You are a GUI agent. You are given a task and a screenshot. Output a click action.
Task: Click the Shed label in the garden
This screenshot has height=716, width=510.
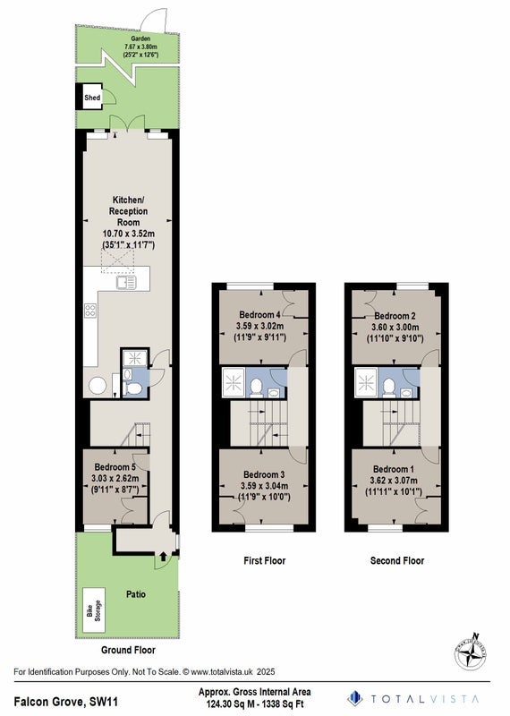[92, 98]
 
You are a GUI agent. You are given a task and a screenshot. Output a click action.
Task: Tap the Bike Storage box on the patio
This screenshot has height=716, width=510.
[94, 610]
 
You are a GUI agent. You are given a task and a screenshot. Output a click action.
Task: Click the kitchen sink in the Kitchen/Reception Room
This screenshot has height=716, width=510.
[126, 283]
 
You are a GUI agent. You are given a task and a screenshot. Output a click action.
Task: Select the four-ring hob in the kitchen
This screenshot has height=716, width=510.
[90, 311]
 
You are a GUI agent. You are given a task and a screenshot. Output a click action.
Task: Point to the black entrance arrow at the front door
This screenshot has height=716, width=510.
[164, 556]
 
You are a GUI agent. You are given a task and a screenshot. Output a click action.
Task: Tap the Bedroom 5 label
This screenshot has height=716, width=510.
[115, 467]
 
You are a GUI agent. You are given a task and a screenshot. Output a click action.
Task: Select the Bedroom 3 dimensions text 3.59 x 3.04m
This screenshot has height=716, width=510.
[264, 486]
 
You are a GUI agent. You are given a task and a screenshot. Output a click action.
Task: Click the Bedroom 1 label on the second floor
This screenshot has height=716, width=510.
[394, 469]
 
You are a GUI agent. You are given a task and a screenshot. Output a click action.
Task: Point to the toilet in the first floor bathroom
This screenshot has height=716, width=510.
[256, 388]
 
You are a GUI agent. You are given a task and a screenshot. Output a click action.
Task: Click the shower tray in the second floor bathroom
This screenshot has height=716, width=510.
[367, 383]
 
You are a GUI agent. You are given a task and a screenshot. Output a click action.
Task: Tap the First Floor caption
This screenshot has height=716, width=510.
[264, 560]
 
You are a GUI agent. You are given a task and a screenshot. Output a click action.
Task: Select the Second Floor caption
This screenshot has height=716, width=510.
[397, 560]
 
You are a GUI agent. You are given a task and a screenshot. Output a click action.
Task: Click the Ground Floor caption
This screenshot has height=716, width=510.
[128, 650]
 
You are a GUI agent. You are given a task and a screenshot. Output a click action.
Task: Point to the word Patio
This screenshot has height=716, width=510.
[136, 594]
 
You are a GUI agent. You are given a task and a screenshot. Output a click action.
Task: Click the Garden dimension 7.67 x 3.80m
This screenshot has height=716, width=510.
[140, 47]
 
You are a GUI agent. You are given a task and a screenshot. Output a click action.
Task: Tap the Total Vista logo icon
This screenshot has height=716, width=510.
[354, 698]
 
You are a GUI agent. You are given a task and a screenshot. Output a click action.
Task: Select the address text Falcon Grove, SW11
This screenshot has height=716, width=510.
[66, 701]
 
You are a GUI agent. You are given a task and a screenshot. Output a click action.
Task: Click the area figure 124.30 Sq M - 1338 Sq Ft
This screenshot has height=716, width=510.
[255, 703]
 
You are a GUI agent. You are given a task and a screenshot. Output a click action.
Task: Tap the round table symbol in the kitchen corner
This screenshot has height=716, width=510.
[98, 386]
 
